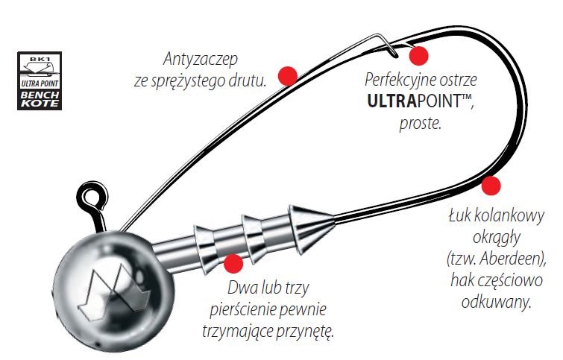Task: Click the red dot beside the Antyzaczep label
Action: click(288, 76)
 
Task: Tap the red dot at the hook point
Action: click(418, 56)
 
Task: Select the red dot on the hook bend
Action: click(491, 186)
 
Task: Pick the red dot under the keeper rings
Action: click(233, 263)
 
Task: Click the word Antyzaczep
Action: click(200, 59)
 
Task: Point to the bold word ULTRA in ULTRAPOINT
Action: click(391, 101)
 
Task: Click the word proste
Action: click(420, 124)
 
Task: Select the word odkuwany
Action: click(496, 302)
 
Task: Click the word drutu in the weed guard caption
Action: click(247, 81)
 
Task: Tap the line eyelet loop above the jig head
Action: click(93, 195)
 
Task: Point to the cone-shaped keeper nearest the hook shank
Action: click(312, 227)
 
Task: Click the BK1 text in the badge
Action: click(40, 58)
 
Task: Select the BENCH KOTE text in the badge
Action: click(40, 99)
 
